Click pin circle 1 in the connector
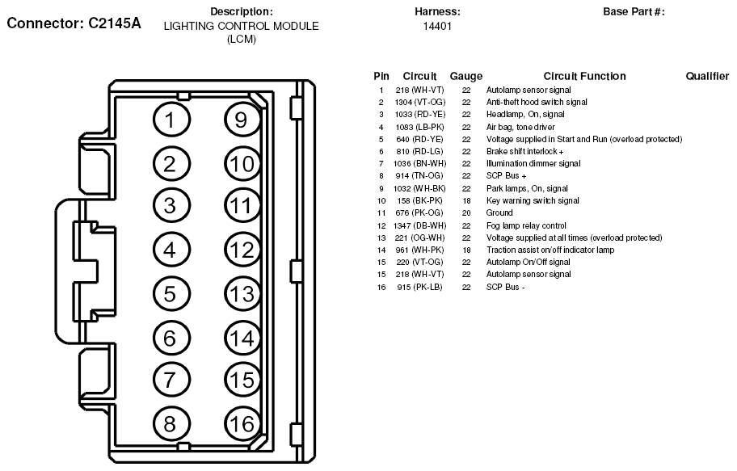(x=169, y=120)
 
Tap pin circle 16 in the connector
(x=240, y=424)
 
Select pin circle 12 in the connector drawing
(x=240, y=250)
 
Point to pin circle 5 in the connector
(x=169, y=294)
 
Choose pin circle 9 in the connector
(x=240, y=120)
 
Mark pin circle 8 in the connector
(x=169, y=424)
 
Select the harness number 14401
(x=437, y=26)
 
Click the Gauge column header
(x=466, y=76)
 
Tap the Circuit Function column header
(x=584, y=76)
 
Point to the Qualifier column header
(x=707, y=76)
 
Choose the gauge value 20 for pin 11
(x=466, y=213)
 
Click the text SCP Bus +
(x=506, y=176)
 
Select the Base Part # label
(x=634, y=12)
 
